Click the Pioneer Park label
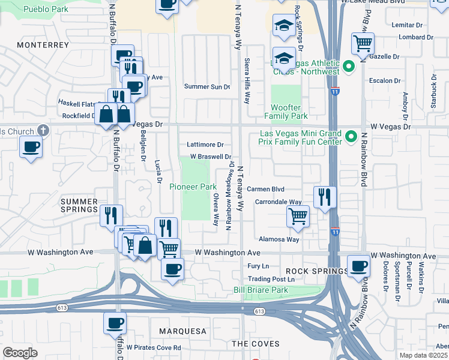coord(193,187)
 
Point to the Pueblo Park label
coord(45,10)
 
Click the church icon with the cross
coord(43,130)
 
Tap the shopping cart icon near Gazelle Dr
coord(363,43)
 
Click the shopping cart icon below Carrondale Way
coord(298,216)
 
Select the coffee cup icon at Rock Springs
coord(359,266)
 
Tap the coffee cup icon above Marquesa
coord(115,323)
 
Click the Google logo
coord(20,352)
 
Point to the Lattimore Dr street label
coord(205,145)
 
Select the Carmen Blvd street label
coord(265,188)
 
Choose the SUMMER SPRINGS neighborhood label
coord(79,205)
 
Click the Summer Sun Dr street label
coord(206,87)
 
